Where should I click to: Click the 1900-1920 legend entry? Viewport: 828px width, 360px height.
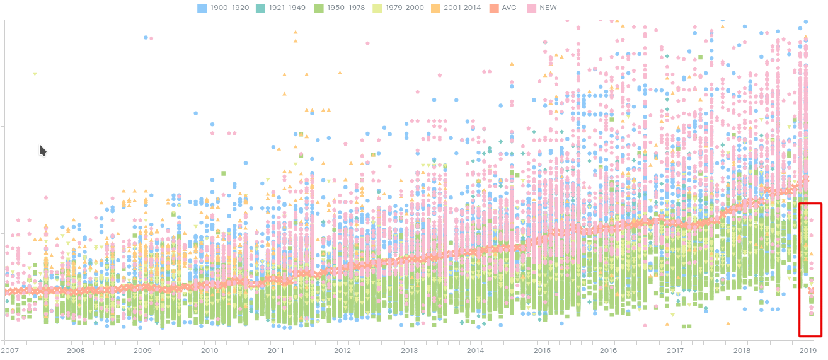tap(223, 8)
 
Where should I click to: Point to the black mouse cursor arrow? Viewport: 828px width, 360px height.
tap(42, 150)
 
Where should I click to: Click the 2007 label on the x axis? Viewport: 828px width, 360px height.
tap(9, 350)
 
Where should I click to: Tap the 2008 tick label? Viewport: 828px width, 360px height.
tap(76, 350)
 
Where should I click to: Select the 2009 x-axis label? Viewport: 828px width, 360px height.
tap(142, 350)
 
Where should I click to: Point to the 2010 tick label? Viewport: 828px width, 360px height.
tap(209, 350)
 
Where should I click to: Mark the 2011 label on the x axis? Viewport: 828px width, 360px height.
tap(275, 350)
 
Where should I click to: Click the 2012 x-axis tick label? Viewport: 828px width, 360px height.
tap(342, 350)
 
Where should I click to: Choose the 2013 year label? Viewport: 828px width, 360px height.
tap(409, 350)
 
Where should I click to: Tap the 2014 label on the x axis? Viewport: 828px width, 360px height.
tap(475, 350)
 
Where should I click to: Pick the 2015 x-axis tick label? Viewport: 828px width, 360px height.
tap(542, 350)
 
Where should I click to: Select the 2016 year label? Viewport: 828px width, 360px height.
tap(609, 350)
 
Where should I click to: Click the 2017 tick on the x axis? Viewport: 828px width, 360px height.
tap(675, 350)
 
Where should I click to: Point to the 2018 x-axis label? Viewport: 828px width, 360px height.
tap(742, 350)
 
